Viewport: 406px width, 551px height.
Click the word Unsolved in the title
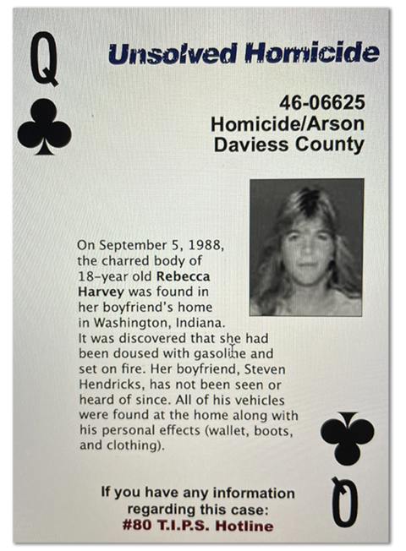pos(173,55)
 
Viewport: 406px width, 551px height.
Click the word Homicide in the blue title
pos(312,55)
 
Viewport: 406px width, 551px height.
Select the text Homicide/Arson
pos(288,123)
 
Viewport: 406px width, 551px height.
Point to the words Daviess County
pos(288,145)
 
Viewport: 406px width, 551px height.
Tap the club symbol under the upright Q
pos(44,126)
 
